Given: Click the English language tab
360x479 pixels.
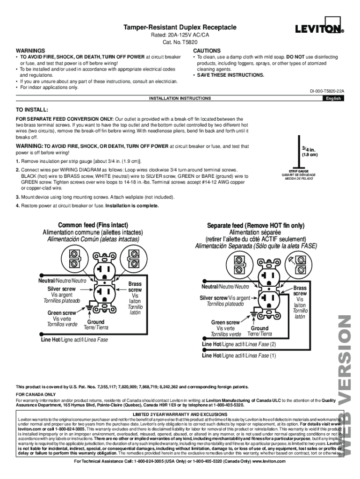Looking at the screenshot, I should point(333,98).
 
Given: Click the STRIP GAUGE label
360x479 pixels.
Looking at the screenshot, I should point(298,171).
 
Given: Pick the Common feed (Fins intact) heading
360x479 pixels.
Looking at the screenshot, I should point(93,225).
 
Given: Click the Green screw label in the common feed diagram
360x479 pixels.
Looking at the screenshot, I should point(61,313).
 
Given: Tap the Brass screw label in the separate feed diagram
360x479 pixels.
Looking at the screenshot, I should point(300,291).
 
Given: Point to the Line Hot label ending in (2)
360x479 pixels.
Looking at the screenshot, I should point(239,344).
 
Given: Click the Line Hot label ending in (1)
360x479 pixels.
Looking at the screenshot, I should point(239,356).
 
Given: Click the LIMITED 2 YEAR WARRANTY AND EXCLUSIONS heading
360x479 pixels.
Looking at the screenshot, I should point(180,415).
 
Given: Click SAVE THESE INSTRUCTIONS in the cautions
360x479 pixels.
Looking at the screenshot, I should point(230,75).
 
